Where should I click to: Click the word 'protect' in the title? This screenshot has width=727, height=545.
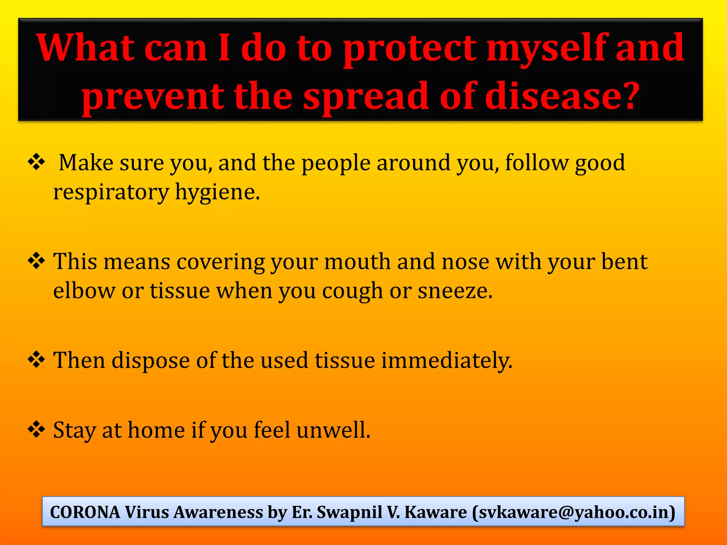[x=410, y=50]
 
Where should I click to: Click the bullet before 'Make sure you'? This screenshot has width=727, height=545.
[x=37, y=163]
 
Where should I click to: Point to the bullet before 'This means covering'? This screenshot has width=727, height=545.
[x=37, y=262]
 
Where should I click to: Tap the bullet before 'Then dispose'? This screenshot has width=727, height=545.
[x=37, y=360]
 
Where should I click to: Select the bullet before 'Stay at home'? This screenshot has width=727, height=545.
[x=37, y=430]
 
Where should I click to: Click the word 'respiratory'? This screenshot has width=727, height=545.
[x=111, y=192]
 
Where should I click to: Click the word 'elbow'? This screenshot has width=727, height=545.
[x=84, y=291]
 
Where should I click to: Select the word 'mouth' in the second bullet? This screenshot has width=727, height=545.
[x=357, y=262]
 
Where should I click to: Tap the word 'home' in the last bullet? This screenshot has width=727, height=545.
[x=156, y=430]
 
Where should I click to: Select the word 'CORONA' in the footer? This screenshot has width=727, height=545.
[x=85, y=512]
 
